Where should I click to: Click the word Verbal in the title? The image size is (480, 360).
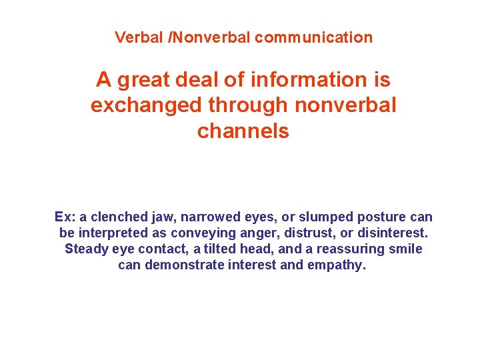[x=139, y=37]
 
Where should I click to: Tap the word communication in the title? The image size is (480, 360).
[x=313, y=37]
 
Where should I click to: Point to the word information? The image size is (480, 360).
[x=307, y=80]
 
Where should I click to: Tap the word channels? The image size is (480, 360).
[x=243, y=131]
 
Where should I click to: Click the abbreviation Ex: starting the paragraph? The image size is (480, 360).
[x=65, y=217]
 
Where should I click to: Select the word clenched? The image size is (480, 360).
[x=117, y=217]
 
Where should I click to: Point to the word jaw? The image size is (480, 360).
[x=161, y=217]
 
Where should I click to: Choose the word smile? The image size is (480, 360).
[x=406, y=249]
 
